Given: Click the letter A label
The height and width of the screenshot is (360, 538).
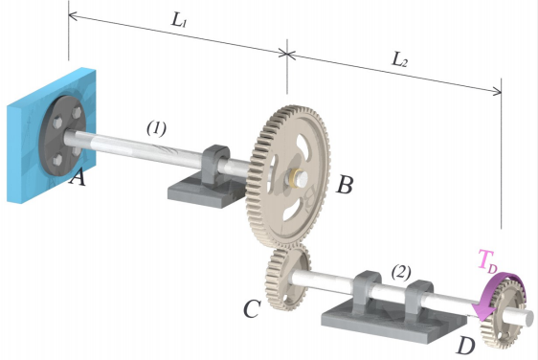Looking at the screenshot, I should coord(78,178).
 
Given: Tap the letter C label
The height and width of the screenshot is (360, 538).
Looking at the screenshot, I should coord(252,309).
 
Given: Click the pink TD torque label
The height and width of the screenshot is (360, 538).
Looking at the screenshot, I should coord(490,259).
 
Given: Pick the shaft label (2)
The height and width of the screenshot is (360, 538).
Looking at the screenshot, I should coord(402,271).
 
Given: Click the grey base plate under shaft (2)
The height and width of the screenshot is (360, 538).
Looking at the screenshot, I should coord(383,321).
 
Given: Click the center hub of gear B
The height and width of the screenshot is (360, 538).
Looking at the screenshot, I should coord(298,176).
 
